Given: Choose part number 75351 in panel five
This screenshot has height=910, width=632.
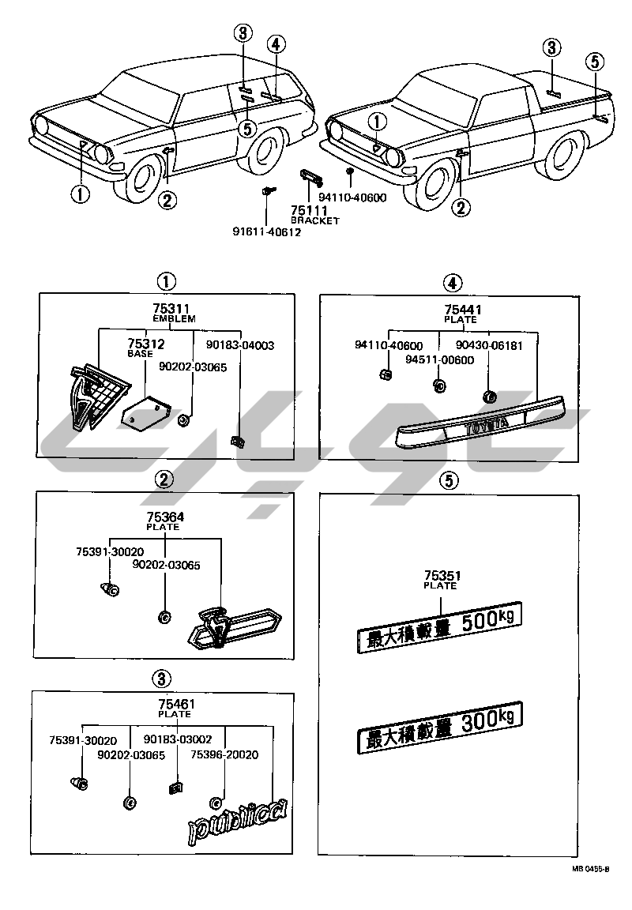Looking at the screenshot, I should click(x=441, y=576).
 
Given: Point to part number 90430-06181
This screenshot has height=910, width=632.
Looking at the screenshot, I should click(x=495, y=345).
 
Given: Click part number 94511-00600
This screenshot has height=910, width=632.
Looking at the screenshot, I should click(x=439, y=360).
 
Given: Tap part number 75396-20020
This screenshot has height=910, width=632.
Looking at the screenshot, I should click(x=224, y=755).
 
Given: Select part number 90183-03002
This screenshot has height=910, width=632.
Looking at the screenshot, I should click(x=177, y=739).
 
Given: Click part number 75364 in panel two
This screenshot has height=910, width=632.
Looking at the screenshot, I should click(x=164, y=517).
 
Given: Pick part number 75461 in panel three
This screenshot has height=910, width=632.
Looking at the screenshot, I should click(x=176, y=704).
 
